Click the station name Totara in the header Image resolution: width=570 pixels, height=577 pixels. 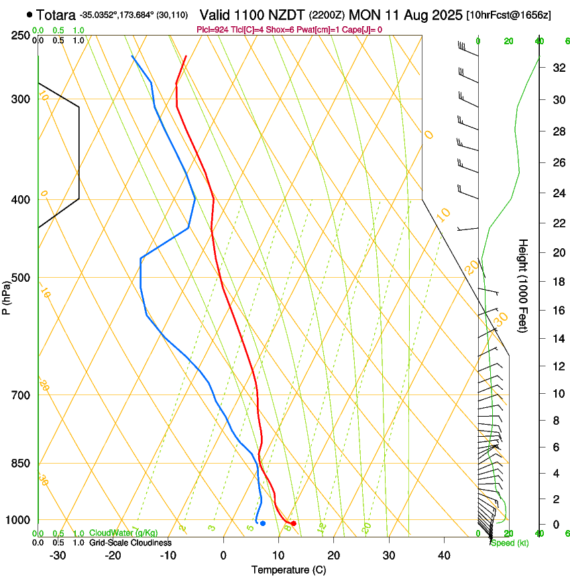[x=56, y=14]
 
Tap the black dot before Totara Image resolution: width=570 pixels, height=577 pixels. [x=30, y=14]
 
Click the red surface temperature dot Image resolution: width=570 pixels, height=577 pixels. [x=294, y=523]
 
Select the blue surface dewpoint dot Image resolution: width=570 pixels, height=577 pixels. [x=263, y=523]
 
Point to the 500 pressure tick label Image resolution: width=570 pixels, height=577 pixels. [x=21, y=278]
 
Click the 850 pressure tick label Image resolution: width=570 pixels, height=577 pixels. [x=21, y=464]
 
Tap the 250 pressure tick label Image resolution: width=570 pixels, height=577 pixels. [x=21, y=36]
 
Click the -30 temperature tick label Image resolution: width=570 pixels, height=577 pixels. [x=58, y=556]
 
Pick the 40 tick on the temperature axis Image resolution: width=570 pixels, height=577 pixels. [x=444, y=556]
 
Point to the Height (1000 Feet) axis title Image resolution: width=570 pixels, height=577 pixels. [x=523, y=285]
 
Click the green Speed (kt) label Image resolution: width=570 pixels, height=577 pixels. [x=509, y=542]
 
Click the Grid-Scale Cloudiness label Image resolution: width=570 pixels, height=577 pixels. [x=129, y=543]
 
